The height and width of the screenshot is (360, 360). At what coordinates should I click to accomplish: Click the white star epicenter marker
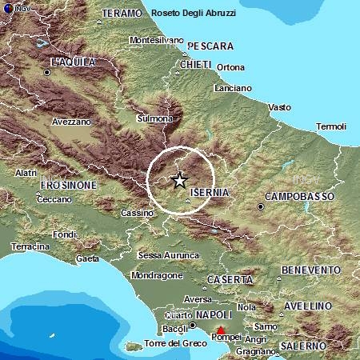[x=180, y=181]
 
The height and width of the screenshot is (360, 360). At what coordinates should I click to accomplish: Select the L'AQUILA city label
[x=73, y=62]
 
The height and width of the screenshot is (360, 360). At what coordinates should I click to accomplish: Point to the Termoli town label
[x=331, y=126]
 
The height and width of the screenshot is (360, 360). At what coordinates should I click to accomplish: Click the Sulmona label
[x=154, y=118]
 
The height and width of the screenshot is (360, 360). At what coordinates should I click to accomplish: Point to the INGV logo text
[x=18, y=8]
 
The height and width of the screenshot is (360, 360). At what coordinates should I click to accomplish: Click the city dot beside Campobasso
[x=261, y=206]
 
